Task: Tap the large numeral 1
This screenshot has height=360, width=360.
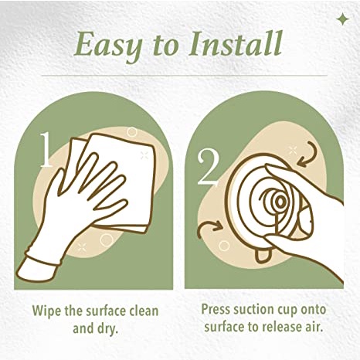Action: [x=46, y=150]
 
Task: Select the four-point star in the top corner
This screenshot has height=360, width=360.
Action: [x=343, y=20]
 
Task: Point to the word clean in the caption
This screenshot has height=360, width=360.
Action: [x=144, y=311]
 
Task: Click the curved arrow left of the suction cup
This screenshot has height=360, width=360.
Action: [x=207, y=226]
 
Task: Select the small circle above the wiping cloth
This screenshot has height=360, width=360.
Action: [x=132, y=132]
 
